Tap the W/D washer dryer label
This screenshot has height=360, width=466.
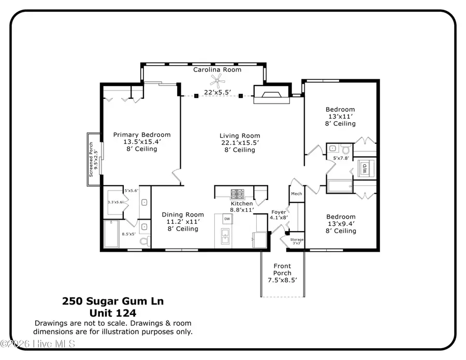click(363, 168)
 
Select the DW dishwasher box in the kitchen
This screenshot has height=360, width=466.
click(227, 220)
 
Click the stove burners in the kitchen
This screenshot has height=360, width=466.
click(238, 194)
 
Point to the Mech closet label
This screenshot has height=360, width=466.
click(296, 194)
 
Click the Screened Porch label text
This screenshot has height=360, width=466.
click(91, 160)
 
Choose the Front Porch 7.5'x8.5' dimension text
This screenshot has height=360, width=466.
click(282, 280)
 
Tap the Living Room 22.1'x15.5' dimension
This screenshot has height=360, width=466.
click(239, 142)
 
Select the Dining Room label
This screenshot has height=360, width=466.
click(183, 214)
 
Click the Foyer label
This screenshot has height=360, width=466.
click(279, 212)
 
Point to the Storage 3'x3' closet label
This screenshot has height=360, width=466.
click(297, 239)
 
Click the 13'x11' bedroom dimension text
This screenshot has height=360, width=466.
click(340, 117)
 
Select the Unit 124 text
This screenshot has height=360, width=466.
click(113, 313)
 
